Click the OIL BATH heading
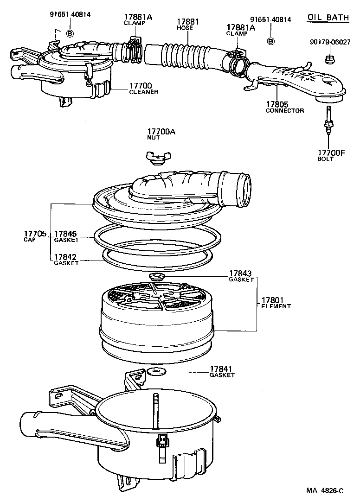pos(328,18)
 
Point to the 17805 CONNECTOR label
pos(284,107)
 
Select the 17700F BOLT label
pos(332,155)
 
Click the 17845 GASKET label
pos(66,236)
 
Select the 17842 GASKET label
pos(66,259)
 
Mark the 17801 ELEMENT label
pos(276,302)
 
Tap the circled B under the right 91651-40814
pos(271,41)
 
